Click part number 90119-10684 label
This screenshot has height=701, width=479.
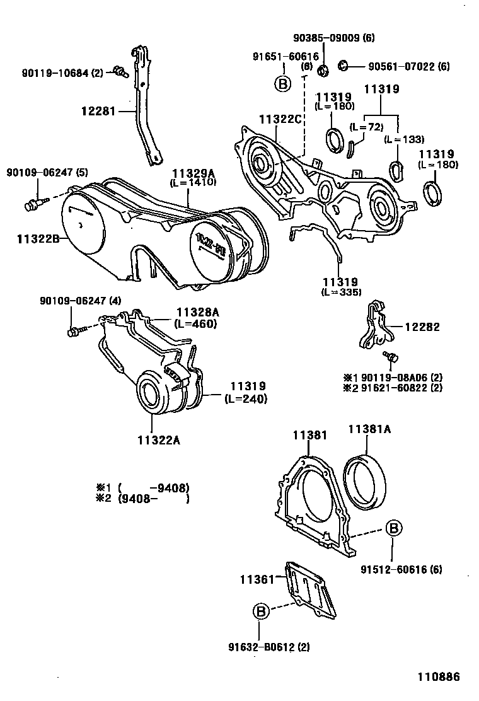pos(54,73)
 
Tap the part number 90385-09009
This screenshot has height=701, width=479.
pos(334,38)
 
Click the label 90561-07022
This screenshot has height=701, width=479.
pos(409,66)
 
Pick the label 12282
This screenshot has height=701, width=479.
pos(422,327)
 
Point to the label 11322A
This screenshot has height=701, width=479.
pos(160,440)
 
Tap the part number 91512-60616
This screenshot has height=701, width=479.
pos(401,569)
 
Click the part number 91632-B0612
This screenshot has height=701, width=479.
pos(260,646)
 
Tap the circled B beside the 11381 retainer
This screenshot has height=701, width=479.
pos(392,529)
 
